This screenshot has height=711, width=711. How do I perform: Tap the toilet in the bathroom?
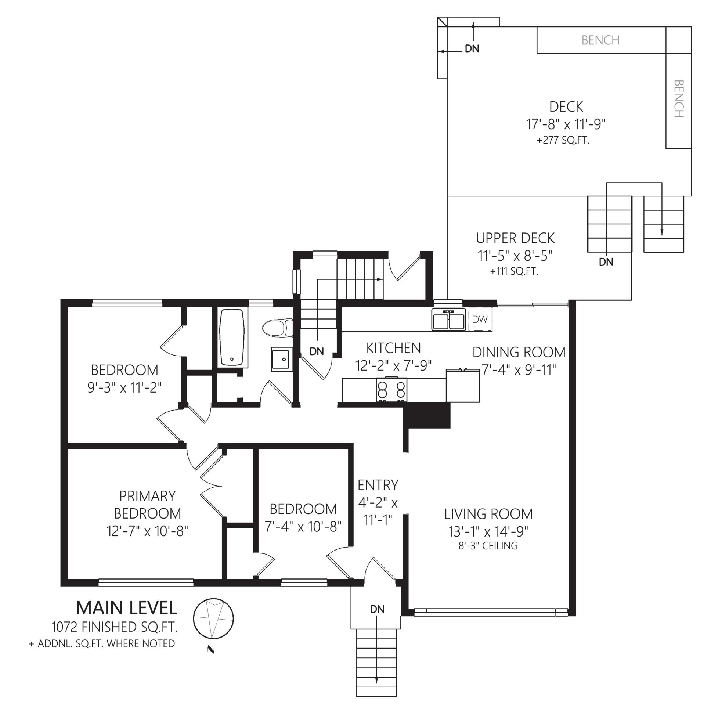point(278,328)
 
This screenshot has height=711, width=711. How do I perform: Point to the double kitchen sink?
point(449,320)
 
